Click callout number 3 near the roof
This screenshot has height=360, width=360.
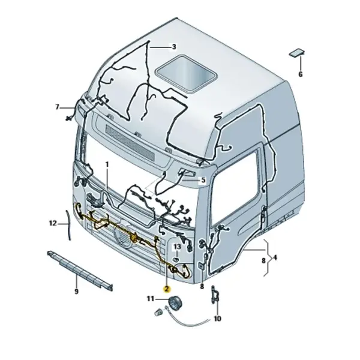click(x=174, y=47)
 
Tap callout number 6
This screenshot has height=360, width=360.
click(x=301, y=74)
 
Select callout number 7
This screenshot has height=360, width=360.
click(x=57, y=107)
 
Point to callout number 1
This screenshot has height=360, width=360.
click(x=107, y=164)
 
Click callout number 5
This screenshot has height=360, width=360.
click(x=203, y=180)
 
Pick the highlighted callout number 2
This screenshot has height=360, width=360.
click(x=167, y=289)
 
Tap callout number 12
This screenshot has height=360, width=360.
click(x=53, y=223)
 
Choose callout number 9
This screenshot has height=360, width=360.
click(x=76, y=292)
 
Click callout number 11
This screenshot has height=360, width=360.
click(x=151, y=299)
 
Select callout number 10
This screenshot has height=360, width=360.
click(x=217, y=319)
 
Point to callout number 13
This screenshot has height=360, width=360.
click(x=177, y=247)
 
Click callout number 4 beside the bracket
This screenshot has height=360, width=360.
click(x=275, y=257)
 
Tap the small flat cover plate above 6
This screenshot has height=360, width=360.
click(x=297, y=53)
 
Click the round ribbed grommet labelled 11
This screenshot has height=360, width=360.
click(x=175, y=302)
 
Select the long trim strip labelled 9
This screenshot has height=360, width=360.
click(x=80, y=270)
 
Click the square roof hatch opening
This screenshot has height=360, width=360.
click(x=186, y=73)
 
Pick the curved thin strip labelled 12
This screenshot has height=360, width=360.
click(x=68, y=225)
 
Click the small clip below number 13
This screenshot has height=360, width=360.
click(x=176, y=259)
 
